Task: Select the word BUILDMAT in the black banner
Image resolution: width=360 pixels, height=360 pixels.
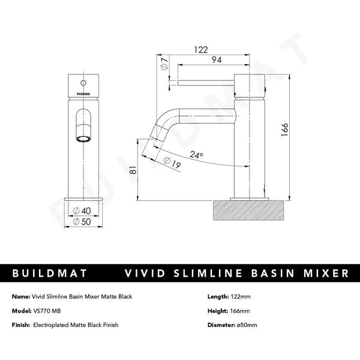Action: [x=49, y=274]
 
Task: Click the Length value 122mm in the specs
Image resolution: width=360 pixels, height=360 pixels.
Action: [x=241, y=296]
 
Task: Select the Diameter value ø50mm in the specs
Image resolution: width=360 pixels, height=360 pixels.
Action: [x=247, y=325]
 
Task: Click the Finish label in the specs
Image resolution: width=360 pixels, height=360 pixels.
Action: [x=22, y=325]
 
